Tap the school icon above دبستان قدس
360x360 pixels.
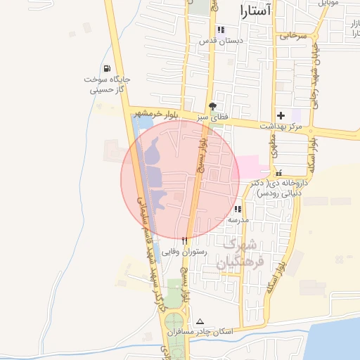point(221,30)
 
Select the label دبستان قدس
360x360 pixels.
point(221,41)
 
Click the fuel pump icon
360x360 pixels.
point(106,69)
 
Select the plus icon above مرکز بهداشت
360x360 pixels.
point(281,115)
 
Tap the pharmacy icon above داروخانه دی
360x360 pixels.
point(278,172)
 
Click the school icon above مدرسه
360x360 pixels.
point(238,209)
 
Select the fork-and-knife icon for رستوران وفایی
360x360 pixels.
point(184,240)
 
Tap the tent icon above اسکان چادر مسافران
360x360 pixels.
point(199,321)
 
